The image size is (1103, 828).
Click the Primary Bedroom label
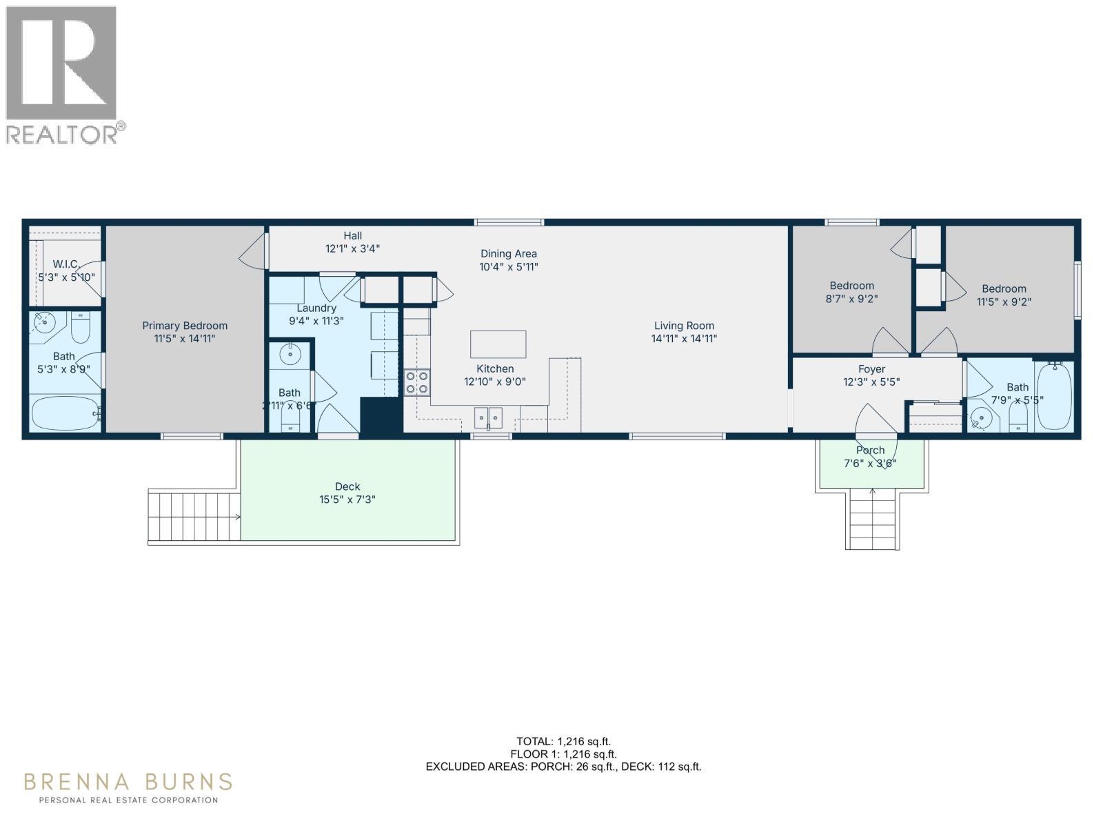(x=185, y=326)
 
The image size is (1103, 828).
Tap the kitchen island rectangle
(x=498, y=344)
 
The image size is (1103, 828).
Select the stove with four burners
(x=416, y=382)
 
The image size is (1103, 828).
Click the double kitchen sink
(x=488, y=417)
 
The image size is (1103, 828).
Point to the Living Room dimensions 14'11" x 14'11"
(x=684, y=339)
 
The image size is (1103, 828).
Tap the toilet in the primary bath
(x=81, y=328)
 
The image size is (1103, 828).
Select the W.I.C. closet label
(x=66, y=264)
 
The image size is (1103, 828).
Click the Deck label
(x=347, y=486)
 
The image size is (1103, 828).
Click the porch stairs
(x=872, y=517)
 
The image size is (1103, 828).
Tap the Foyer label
(x=871, y=369)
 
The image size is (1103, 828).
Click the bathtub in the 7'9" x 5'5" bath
(x=1054, y=397)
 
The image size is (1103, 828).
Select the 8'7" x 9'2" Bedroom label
(x=851, y=286)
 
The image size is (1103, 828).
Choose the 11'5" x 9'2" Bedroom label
(x=1004, y=288)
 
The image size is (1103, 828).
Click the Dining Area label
(x=508, y=254)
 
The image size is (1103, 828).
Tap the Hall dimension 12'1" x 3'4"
(x=352, y=248)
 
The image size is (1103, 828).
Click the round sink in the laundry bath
(x=290, y=355)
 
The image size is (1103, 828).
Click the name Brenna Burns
(x=128, y=782)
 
